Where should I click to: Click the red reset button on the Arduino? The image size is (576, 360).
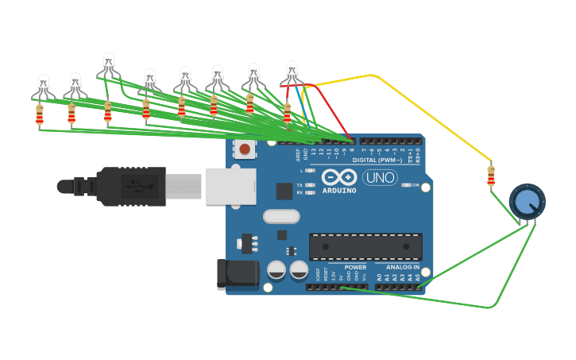pos(245,149)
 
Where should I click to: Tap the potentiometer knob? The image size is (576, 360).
pos(527,202)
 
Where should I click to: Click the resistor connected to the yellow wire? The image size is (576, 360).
pos(491,176)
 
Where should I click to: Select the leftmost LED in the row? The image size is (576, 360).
pos(44,83)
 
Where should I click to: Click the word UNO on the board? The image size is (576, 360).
pos(380,177)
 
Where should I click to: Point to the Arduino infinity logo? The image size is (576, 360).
pos(340,177)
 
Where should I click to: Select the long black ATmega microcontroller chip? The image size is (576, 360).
pos(365,246)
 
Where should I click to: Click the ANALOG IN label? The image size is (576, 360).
pos(403,267)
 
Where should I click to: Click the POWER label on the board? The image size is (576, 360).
pos(355,267)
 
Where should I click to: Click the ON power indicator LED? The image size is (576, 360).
pos(405,185)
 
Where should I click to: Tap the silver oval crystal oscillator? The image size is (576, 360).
pos(281,216)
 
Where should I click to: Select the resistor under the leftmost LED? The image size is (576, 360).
pos(40,117)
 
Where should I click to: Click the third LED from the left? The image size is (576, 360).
pos(109,65)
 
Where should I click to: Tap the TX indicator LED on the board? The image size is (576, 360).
pos(310,185)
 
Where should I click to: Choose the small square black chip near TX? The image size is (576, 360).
pos(284,191)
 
